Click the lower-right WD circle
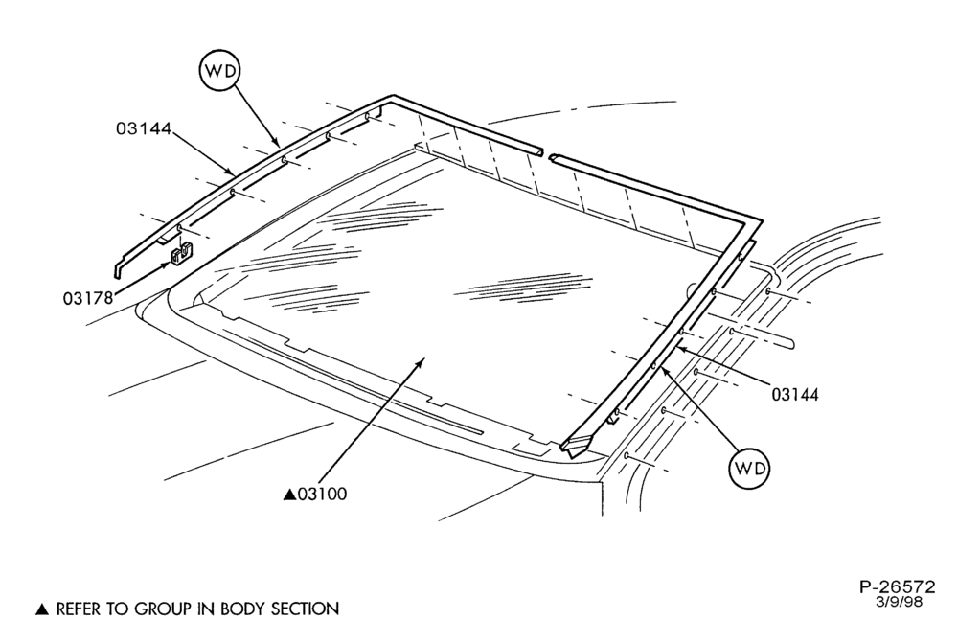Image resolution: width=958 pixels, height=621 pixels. coord(750,469)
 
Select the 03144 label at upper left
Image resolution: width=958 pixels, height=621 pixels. coord(144,128)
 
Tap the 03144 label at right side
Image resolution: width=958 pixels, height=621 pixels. coord(795,394)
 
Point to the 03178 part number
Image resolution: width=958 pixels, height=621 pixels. coord(88,298)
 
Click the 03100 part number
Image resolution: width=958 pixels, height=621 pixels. coord(322,494)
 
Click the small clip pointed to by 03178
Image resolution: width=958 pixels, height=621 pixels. coord(181,254)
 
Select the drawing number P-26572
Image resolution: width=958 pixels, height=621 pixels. coord(897,587)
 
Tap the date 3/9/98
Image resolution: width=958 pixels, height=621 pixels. coord(899,602)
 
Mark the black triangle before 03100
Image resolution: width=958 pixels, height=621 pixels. coord(289,494)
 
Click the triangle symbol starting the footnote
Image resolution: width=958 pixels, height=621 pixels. coord(41,609)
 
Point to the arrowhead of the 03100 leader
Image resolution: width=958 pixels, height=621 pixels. coord(420,362)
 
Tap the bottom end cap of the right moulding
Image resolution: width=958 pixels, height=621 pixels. coord(575,446)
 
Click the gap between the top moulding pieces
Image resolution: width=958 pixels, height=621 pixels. coord(546,154)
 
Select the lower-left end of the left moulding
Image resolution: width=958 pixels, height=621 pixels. coord(117,271)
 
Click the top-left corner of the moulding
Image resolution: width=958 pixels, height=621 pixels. coord(392,97)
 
